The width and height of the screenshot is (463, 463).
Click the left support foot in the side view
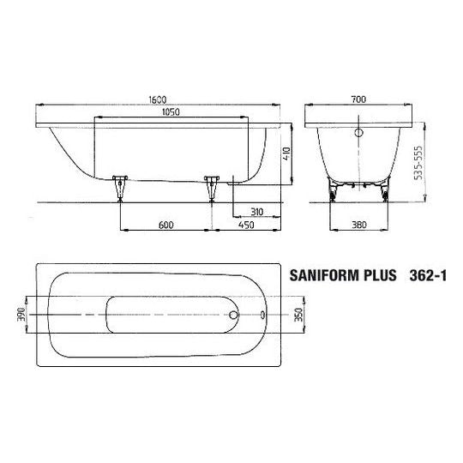click(x=120, y=187)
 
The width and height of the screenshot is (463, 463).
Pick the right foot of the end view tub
click(x=384, y=192)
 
